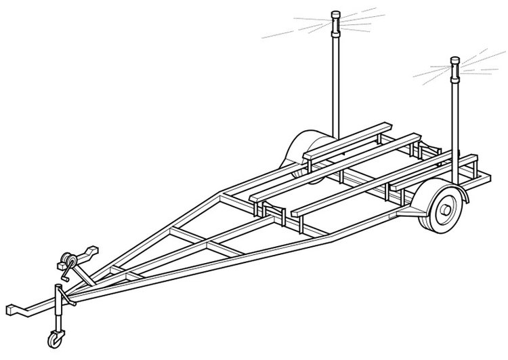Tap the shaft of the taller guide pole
tap(335, 81)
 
